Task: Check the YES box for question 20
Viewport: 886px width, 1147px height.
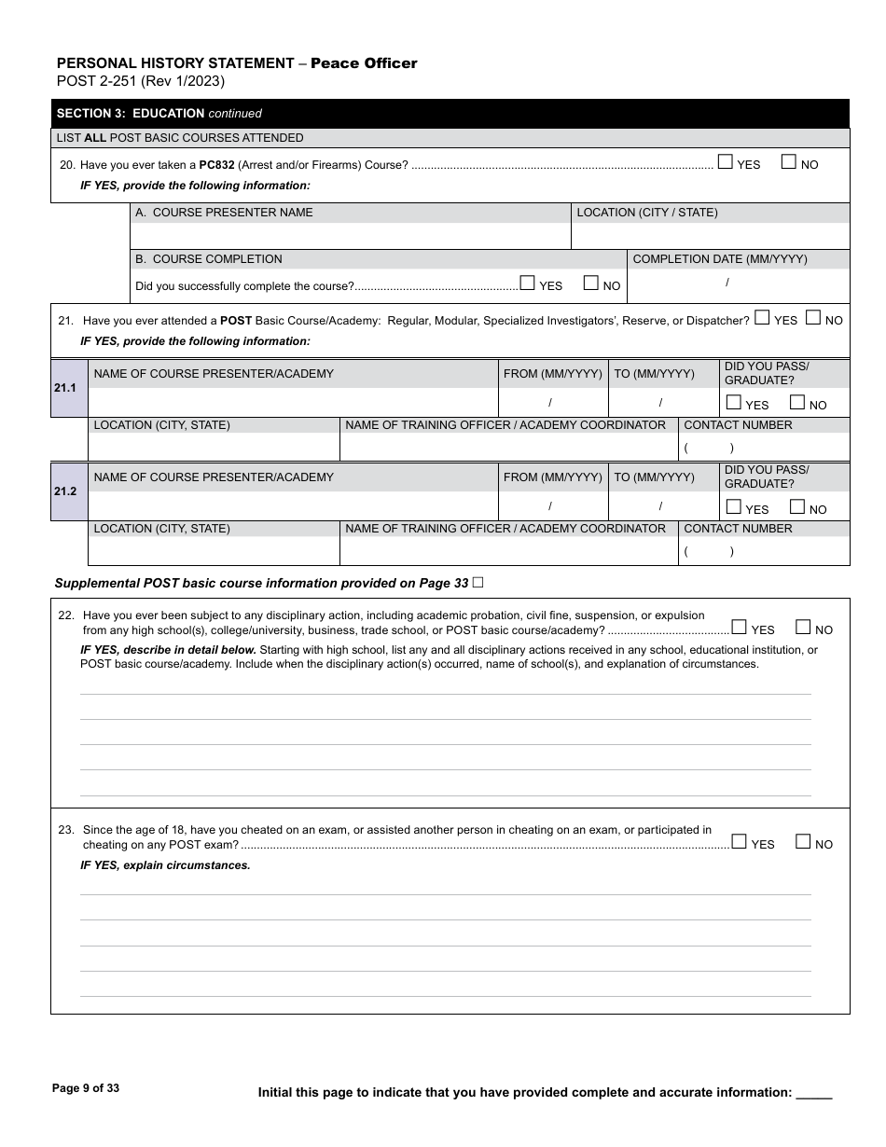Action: coord(726,162)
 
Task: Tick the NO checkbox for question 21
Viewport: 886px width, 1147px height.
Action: coord(812,318)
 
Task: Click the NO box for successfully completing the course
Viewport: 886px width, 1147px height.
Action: coord(590,283)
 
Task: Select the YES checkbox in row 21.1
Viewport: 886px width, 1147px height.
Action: coord(733,403)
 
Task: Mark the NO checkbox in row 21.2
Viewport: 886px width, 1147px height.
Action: coord(796,507)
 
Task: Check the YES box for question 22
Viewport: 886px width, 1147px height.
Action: coord(739,628)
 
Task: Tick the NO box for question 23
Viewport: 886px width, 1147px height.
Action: coord(803,842)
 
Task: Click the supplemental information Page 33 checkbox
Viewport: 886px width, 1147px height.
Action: coord(478,583)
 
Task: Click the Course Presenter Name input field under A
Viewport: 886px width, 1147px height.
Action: coord(350,236)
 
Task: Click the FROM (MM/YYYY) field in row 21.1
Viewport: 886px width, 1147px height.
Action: coord(552,403)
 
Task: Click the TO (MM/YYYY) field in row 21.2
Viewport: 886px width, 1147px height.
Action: coord(662,506)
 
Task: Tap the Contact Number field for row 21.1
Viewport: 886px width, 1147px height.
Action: coord(763,448)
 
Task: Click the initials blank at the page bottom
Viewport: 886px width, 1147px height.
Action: coord(814,1093)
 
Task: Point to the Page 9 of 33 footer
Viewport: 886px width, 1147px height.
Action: coord(86,1088)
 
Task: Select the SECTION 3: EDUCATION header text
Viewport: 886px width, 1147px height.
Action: coord(131,114)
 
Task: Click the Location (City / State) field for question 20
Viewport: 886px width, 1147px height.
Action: coord(709,236)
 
